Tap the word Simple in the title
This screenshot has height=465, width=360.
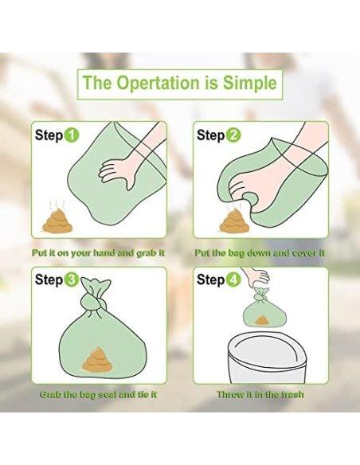(249, 83)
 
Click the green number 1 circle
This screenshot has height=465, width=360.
(72, 136)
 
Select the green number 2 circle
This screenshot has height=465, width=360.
(233, 136)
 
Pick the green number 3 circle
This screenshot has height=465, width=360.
(72, 280)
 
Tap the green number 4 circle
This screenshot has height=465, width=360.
(233, 280)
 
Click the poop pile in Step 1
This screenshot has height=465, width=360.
(57, 221)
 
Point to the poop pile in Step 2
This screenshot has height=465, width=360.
(232, 221)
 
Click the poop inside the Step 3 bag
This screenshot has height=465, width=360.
(98, 359)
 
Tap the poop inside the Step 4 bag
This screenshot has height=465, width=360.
(261, 320)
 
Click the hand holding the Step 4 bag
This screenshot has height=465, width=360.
(256, 276)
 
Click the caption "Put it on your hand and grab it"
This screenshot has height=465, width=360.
(99, 253)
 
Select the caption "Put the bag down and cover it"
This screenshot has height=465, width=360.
(260, 253)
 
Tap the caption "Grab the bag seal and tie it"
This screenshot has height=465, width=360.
(99, 394)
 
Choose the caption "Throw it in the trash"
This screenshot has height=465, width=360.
(260, 394)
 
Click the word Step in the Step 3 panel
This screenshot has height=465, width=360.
(49, 280)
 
